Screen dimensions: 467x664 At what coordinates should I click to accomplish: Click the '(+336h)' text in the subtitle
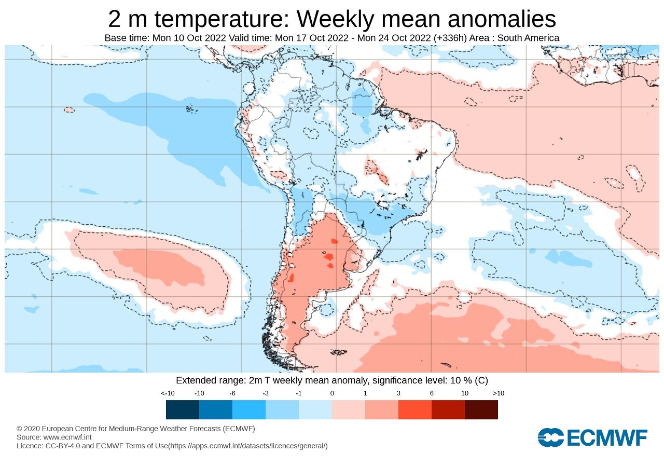point(449,38)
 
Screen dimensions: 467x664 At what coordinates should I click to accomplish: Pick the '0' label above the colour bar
point(332,393)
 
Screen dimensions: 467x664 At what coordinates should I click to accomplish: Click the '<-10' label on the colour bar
point(167,393)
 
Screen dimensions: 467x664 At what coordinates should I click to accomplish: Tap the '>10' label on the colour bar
point(498,393)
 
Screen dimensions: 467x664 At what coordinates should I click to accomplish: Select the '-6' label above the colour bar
point(232,393)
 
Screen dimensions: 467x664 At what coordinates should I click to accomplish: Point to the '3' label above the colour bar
point(398,393)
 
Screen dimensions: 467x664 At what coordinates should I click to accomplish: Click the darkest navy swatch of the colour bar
point(183,409)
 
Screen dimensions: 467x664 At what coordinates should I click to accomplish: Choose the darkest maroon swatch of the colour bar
point(481,409)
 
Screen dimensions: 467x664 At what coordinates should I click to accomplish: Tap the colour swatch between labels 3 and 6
point(415,409)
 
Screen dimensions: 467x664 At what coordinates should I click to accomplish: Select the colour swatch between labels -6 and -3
point(249,409)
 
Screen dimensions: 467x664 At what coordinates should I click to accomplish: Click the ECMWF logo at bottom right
point(592,437)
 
